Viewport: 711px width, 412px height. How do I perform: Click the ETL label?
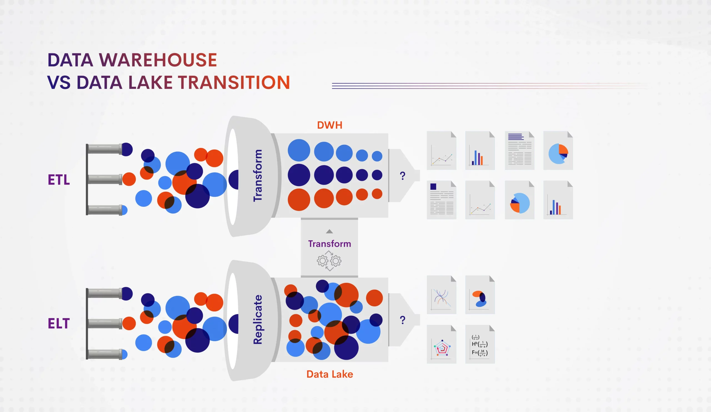(59, 180)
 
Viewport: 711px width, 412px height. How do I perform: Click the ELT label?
(59, 324)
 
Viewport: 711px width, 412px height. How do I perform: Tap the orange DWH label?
(330, 125)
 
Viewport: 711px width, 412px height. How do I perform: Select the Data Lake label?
(330, 374)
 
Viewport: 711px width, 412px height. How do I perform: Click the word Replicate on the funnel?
(257, 319)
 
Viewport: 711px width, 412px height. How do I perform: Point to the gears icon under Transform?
(329, 261)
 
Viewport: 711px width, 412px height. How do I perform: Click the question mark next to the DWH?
(403, 176)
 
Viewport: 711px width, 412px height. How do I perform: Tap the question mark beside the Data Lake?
(403, 320)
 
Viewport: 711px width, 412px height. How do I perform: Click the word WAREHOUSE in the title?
(158, 60)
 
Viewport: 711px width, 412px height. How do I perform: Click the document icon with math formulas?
(480, 344)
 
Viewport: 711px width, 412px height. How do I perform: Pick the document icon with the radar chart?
(442, 344)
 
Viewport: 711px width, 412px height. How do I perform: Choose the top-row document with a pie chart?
(558, 150)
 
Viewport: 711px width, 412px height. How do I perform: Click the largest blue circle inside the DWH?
(299, 150)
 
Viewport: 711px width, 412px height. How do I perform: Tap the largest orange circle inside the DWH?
(299, 200)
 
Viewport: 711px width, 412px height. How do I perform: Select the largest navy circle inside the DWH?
(299, 175)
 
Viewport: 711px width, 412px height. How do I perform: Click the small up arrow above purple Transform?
(329, 232)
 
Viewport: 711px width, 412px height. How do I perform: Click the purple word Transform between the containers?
(330, 244)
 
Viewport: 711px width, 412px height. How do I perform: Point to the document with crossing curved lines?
(442, 295)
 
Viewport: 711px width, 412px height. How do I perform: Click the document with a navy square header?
(442, 200)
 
